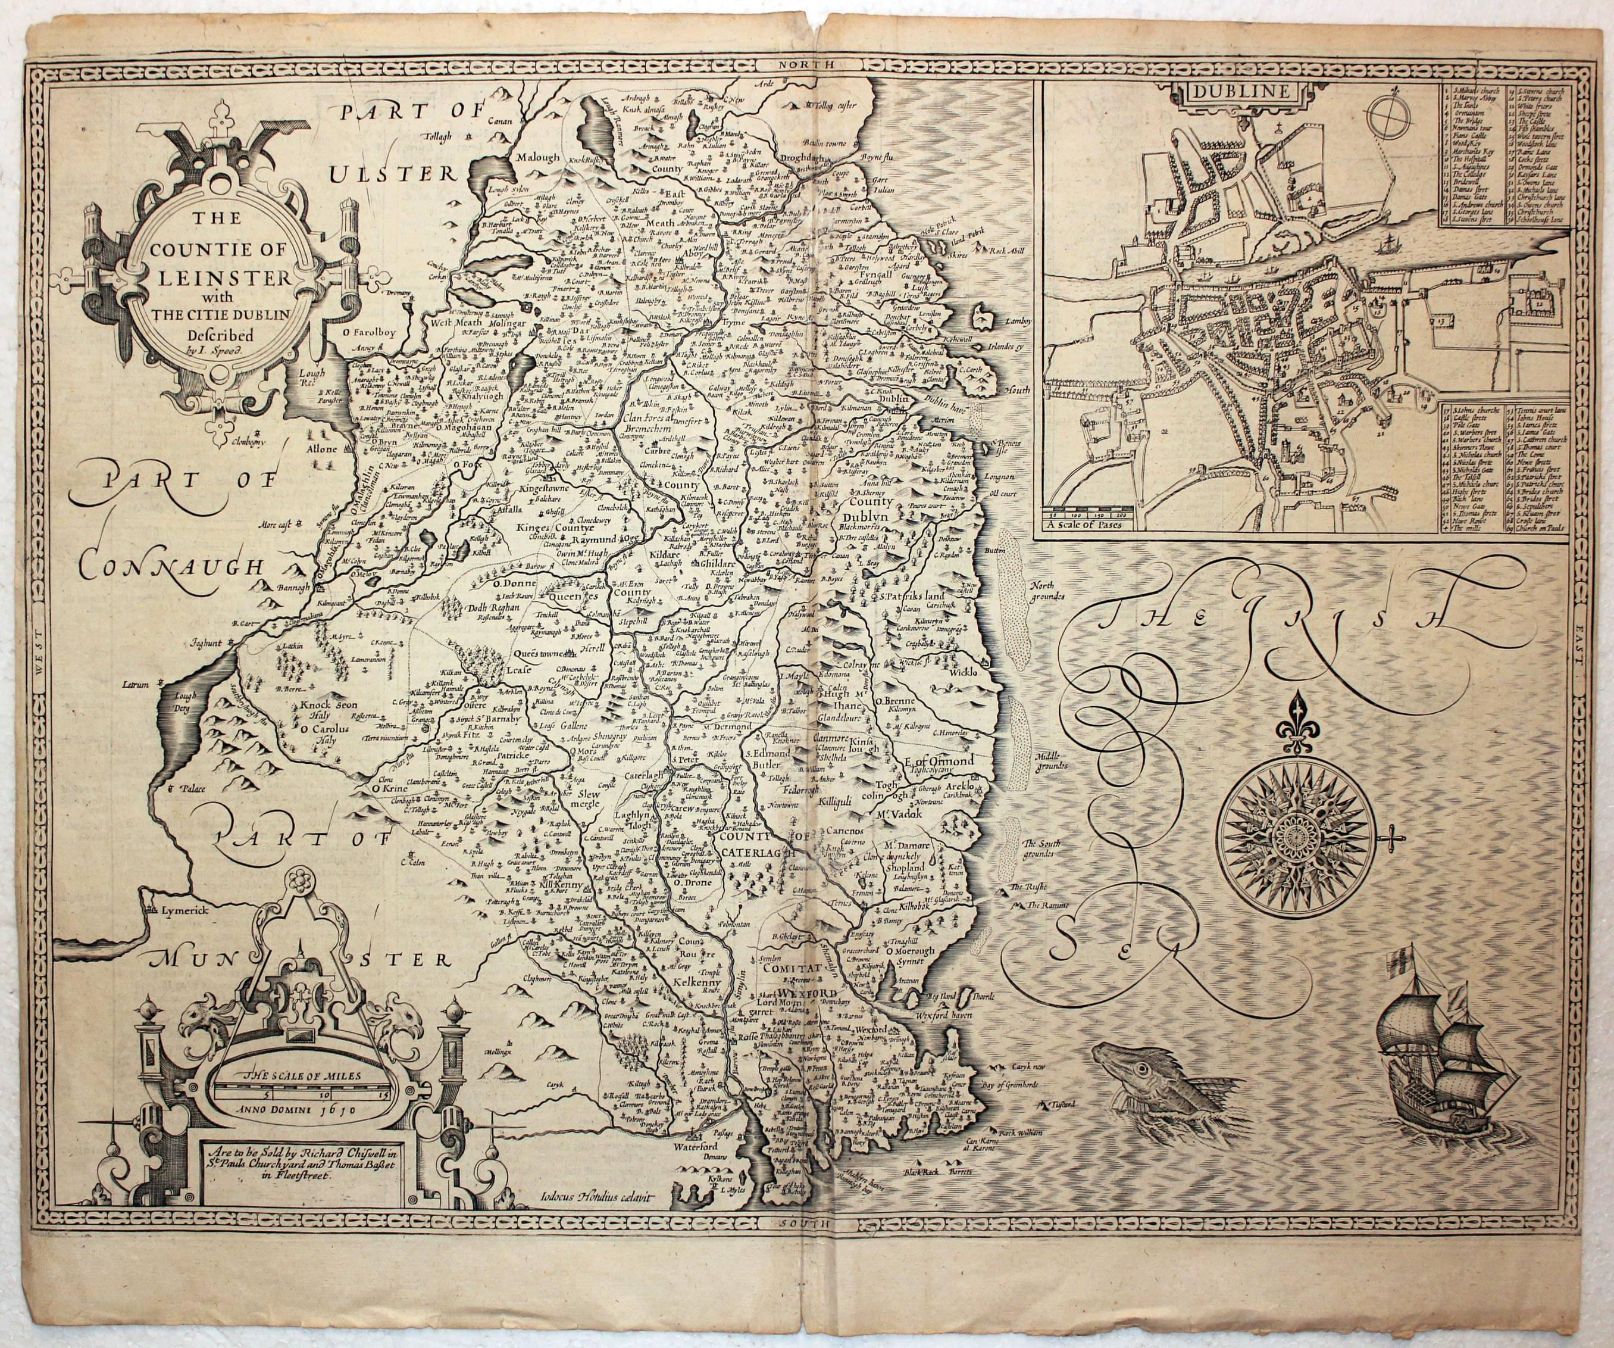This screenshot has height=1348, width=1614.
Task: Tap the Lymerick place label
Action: coord(186,908)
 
